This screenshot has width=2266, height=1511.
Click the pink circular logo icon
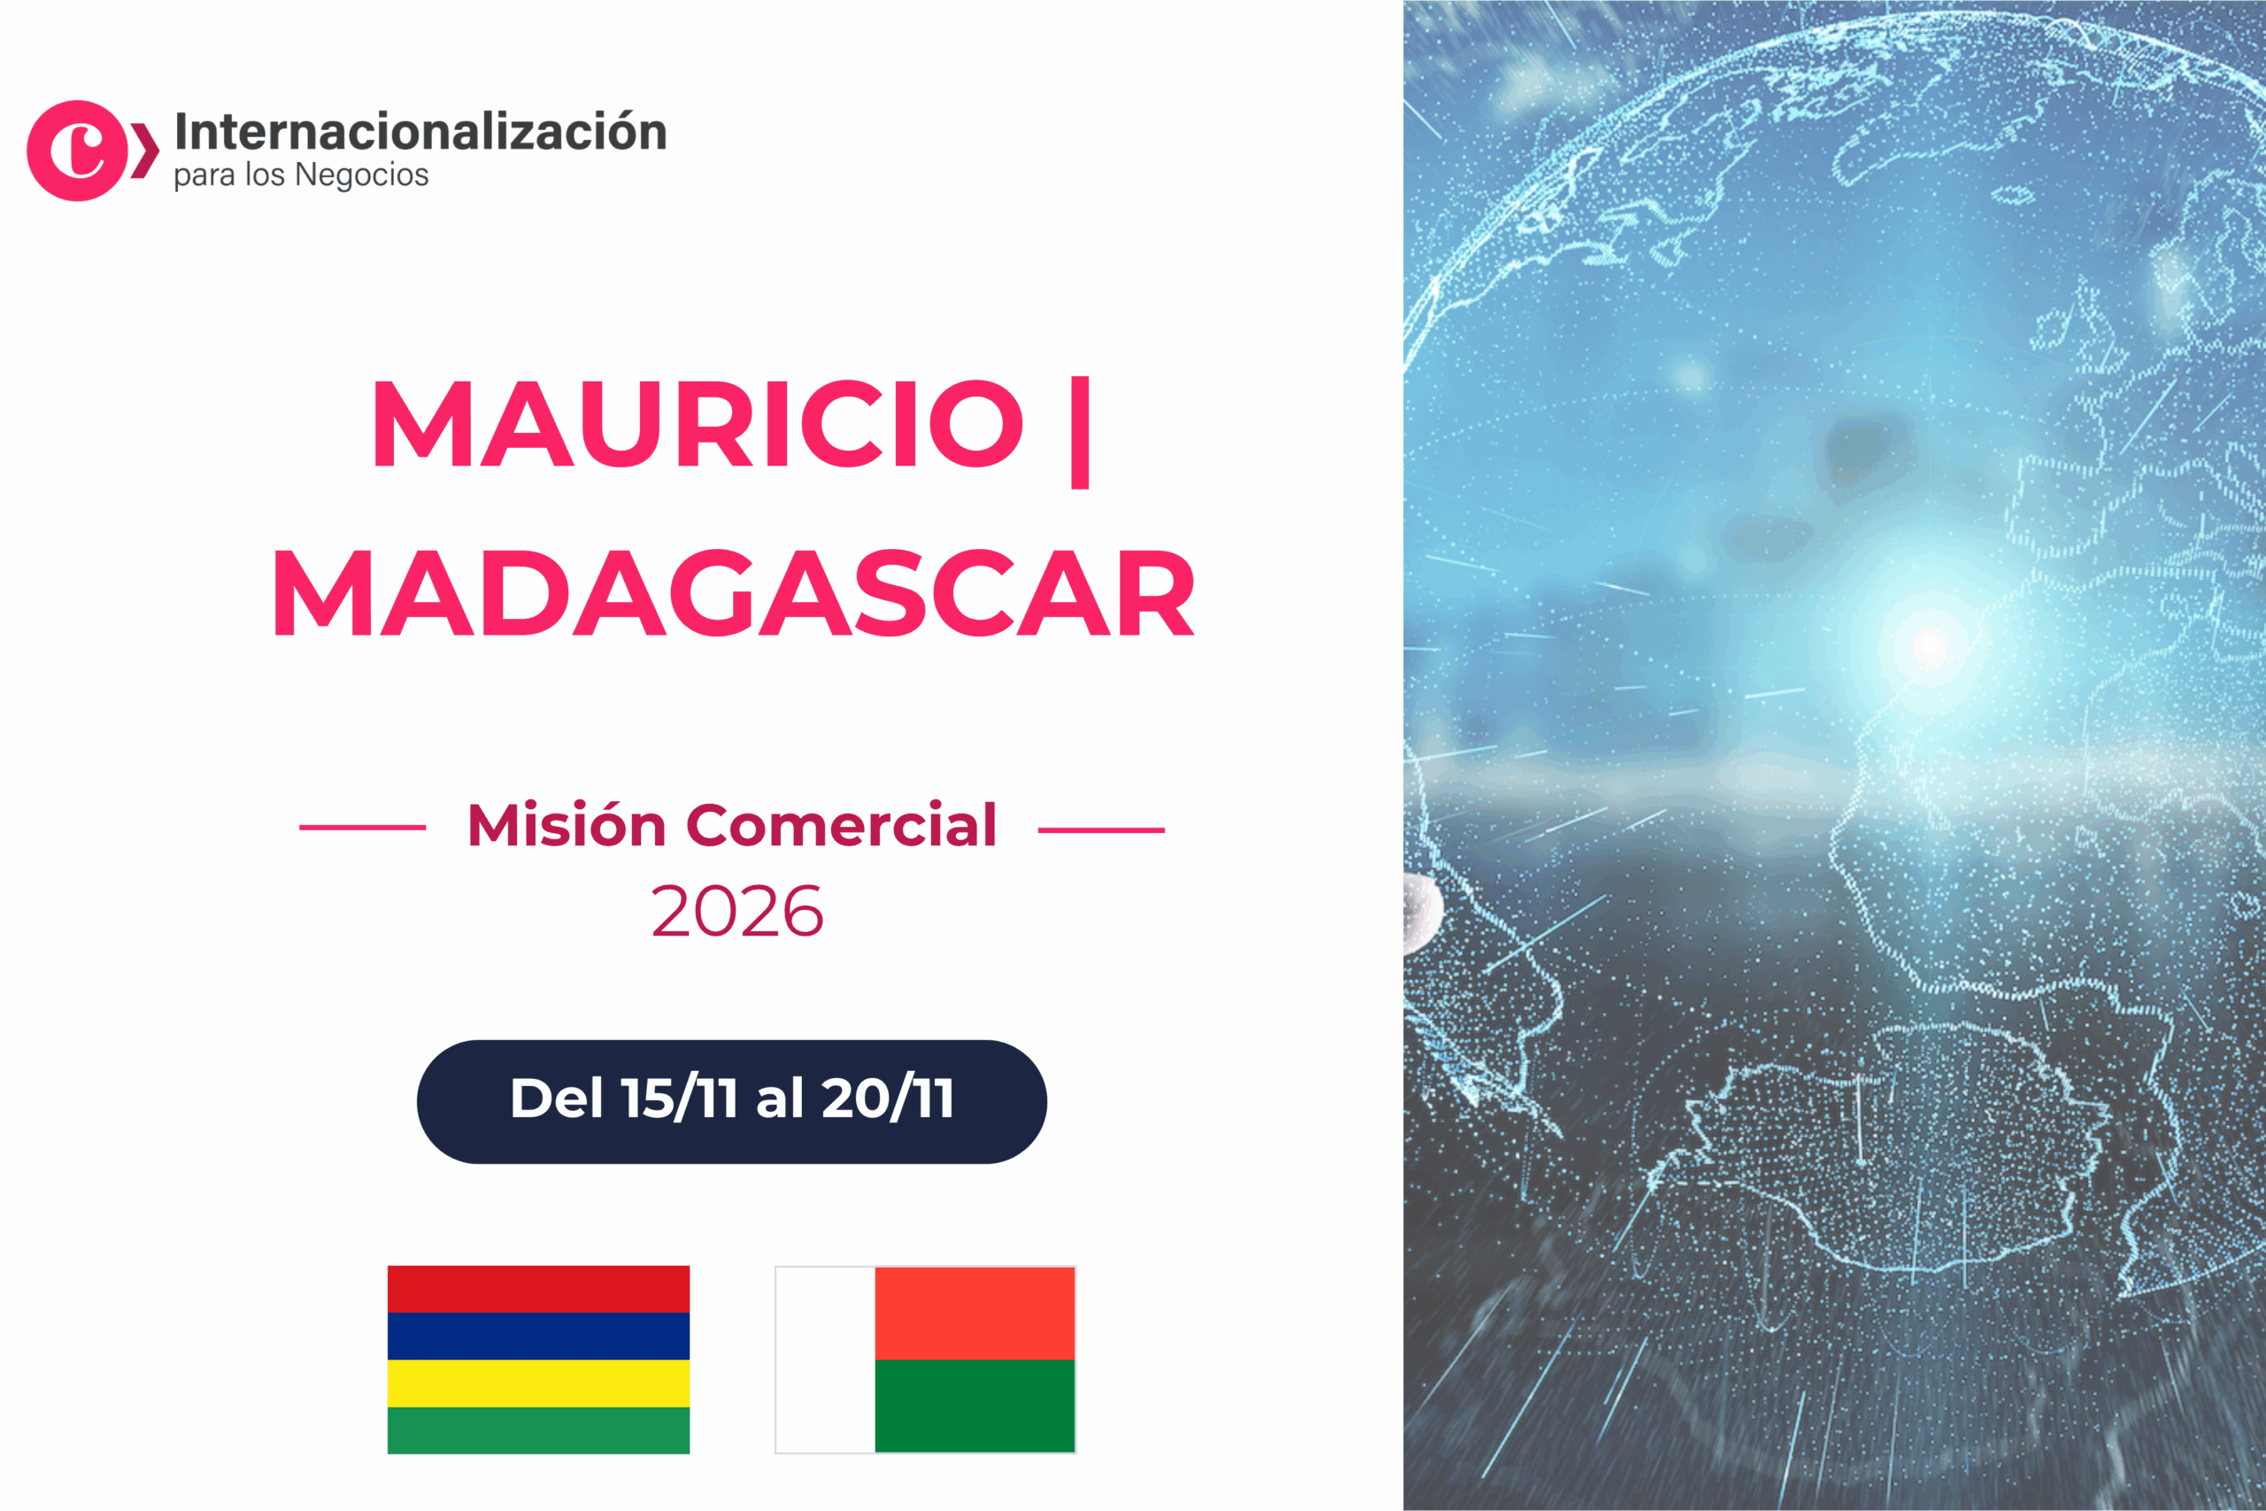pyautogui.click(x=77, y=150)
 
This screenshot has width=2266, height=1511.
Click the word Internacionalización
pyautogui.click(x=420, y=132)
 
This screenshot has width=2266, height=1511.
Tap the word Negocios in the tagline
pyautogui.click(x=361, y=175)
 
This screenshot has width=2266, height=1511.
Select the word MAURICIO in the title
pyautogui.click(x=698, y=424)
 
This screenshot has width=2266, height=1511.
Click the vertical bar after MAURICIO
pyautogui.click(x=1079, y=432)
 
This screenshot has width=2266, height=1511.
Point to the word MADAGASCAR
pyautogui.click(x=734, y=594)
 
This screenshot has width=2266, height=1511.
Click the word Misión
pyautogui.click(x=566, y=826)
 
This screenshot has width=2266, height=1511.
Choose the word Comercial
pyautogui.click(x=840, y=826)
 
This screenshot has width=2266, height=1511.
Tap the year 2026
pyautogui.click(x=737, y=912)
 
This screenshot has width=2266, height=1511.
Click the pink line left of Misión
pyautogui.click(x=362, y=827)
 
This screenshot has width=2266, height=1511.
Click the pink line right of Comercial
pyautogui.click(x=1101, y=829)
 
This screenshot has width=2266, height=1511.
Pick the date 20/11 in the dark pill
pyautogui.click(x=887, y=1099)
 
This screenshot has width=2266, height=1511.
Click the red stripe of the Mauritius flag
pyautogui.click(x=538, y=1289)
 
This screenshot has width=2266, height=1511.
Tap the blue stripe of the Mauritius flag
pyautogui.click(x=538, y=1336)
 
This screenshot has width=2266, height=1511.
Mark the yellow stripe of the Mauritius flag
pyautogui.click(x=538, y=1383)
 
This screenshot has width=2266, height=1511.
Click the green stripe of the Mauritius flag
pyautogui.click(x=538, y=1430)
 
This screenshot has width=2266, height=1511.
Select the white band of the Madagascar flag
pyautogui.click(x=826, y=1359)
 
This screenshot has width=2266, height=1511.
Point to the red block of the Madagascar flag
pyautogui.click(x=974, y=1313)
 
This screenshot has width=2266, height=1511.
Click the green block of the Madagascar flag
pyautogui.click(x=974, y=1405)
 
